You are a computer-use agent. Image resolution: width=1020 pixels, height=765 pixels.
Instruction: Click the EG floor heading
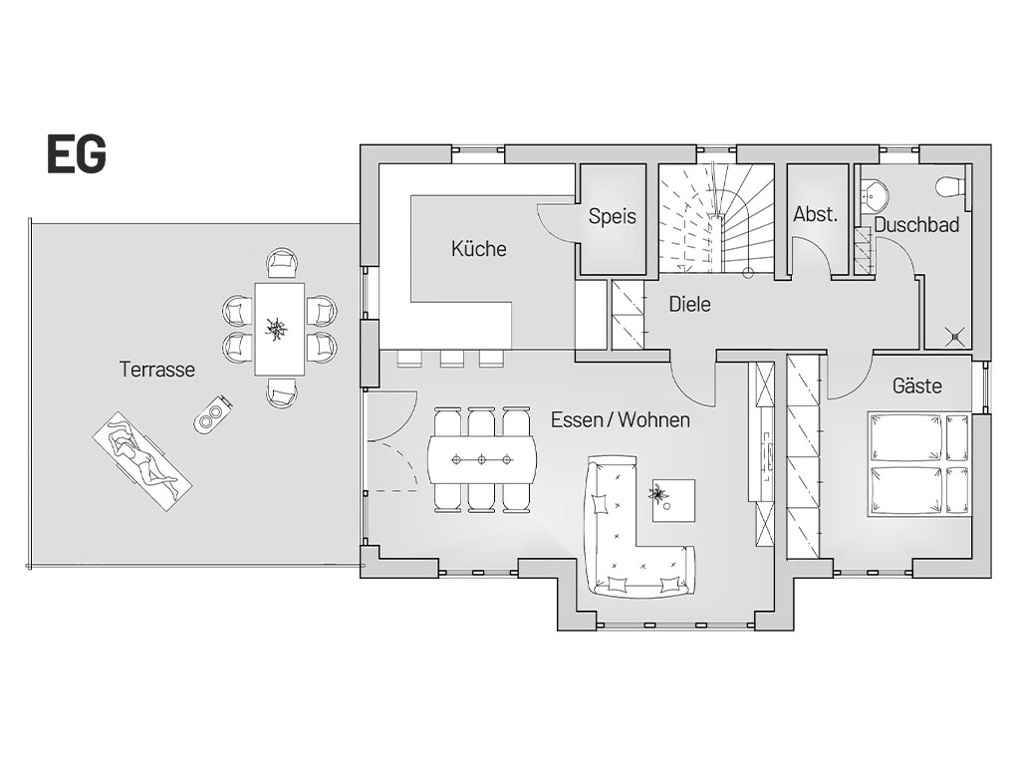(76, 154)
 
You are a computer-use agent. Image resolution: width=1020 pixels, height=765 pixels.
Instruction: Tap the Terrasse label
(157, 370)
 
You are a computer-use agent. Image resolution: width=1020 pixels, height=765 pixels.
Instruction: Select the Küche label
(479, 248)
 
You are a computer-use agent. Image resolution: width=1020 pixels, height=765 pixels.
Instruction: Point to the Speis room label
(613, 216)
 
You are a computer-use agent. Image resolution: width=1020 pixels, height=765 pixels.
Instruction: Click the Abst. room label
(815, 214)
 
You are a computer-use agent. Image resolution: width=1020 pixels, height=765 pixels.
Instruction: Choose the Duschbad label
(916, 225)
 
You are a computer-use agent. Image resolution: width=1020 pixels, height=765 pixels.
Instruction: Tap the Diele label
(689, 304)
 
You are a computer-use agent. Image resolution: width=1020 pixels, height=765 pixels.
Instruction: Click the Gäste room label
(917, 385)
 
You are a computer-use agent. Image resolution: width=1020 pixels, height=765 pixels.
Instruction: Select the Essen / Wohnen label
(621, 419)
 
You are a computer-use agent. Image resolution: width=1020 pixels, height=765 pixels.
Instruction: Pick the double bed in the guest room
(918, 464)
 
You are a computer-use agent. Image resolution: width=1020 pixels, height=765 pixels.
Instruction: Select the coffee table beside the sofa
(674, 500)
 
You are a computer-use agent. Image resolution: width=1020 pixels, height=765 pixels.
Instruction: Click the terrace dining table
(279, 329)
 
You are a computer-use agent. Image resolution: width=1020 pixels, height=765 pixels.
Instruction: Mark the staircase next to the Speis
(715, 219)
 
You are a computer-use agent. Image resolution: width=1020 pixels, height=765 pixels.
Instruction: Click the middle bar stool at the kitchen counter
(451, 357)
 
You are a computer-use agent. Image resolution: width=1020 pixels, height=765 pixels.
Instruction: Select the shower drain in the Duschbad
(954, 337)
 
